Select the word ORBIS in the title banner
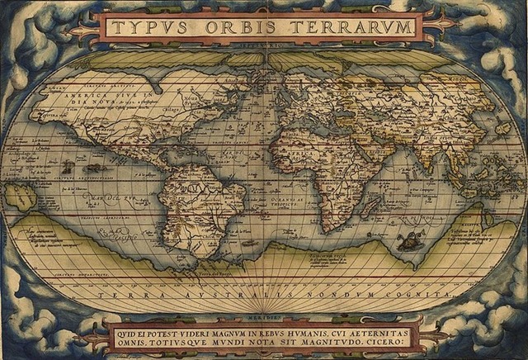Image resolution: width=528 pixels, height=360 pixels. click(233, 27)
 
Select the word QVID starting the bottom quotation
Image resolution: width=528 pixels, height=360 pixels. click(126, 329)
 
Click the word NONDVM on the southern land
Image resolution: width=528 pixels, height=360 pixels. click(346, 293)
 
